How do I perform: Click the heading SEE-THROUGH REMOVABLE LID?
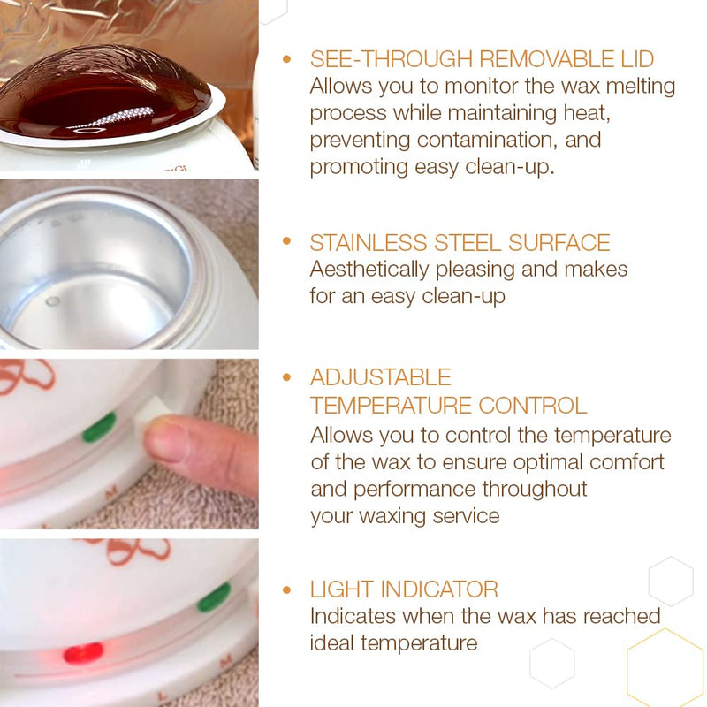pyautogui.click(x=482, y=59)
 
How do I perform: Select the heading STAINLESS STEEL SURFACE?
pyautogui.click(x=460, y=243)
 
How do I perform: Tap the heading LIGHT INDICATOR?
pyautogui.click(x=404, y=589)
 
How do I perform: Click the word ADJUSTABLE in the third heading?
pyautogui.click(x=380, y=377)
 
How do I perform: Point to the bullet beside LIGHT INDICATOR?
pyautogui.click(x=286, y=589)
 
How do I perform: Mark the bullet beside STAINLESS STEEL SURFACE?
pyautogui.click(x=286, y=242)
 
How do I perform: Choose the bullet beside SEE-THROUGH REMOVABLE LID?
pyautogui.click(x=286, y=59)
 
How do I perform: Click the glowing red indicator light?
pyautogui.click(x=83, y=652)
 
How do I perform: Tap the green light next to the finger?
pyautogui.click(x=99, y=428)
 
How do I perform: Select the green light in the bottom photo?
pyautogui.click(x=214, y=597)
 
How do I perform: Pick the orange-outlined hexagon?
pyautogui.click(x=665, y=669)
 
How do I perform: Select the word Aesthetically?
pyautogui.click(x=382, y=270)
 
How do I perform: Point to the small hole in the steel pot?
pyautogui.click(x=53, y=301)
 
